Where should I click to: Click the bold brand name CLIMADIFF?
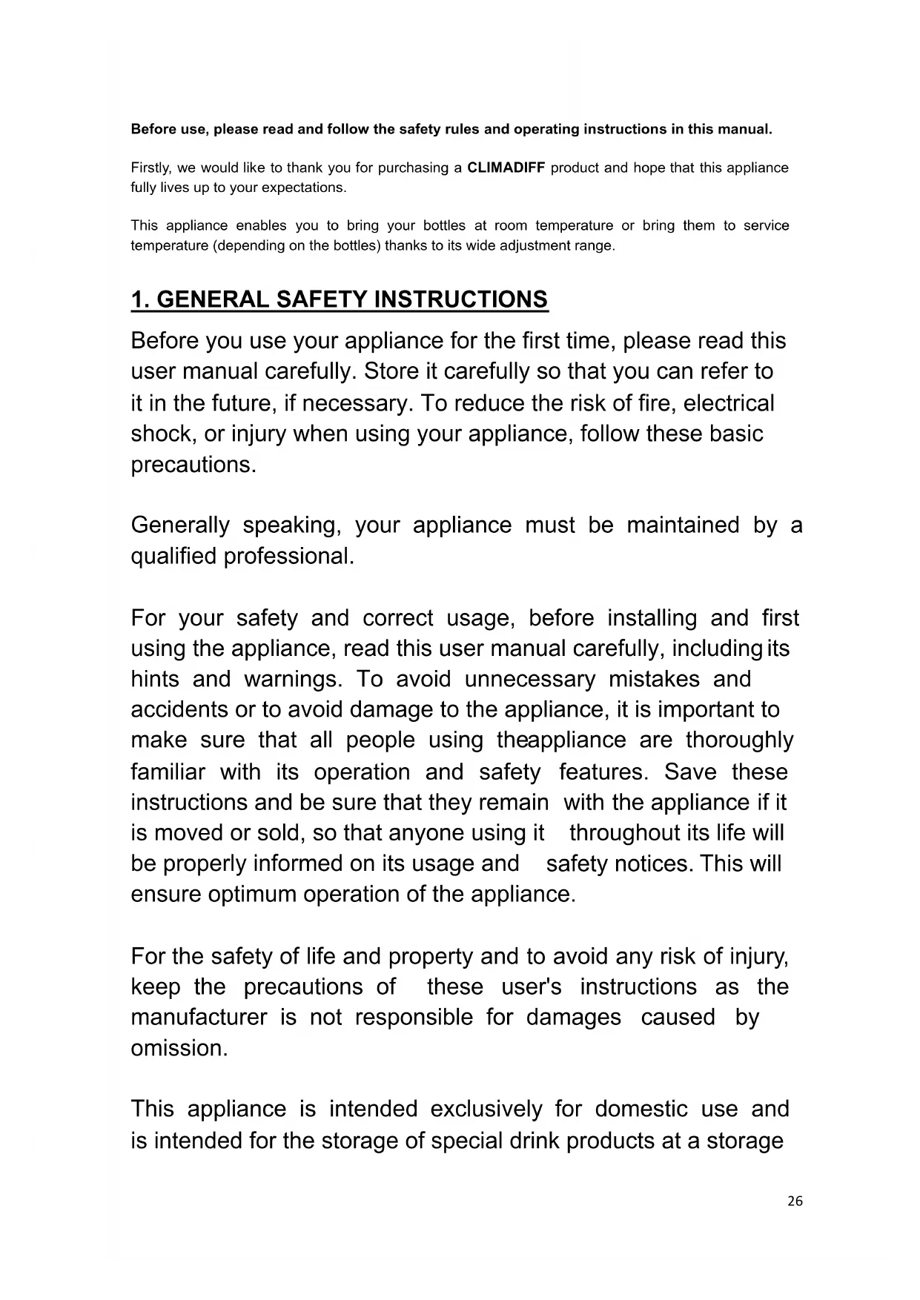point(506,168)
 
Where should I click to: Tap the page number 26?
point(795,1201)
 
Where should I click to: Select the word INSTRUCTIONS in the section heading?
point(461,299)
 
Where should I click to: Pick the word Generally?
point(180,525)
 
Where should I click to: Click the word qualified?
point(174,556)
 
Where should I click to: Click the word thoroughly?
point(739,740)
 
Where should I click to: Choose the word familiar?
point(168,772)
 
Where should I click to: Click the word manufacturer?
point(199,1018)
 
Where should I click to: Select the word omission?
point(179,1048)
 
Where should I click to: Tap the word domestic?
point(641,1110)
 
